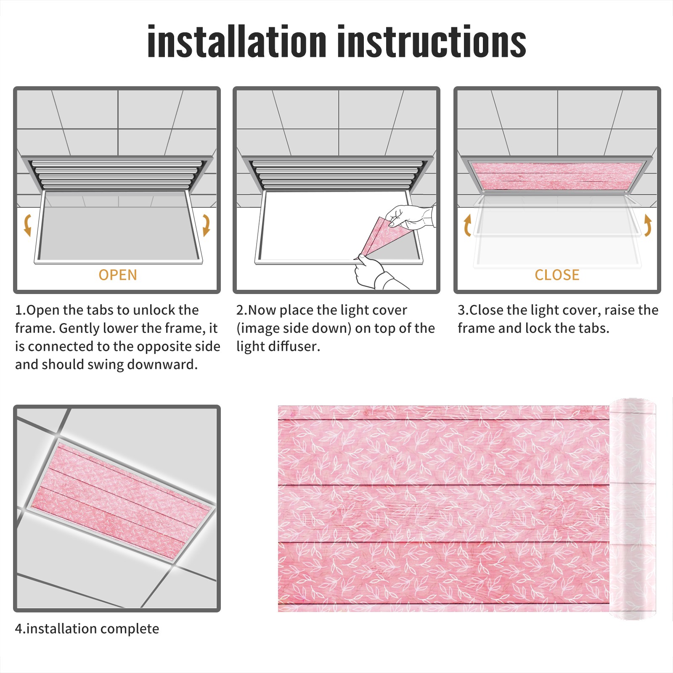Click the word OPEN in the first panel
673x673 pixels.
pos(118,275)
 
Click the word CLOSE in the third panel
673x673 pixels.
pos(557,275)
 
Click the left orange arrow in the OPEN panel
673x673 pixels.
pos(27,225)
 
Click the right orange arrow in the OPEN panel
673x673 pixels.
pos(206,225)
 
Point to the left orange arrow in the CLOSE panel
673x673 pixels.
pos(467,225)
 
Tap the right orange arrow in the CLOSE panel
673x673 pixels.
pos(648,225)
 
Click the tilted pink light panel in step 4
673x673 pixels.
pos(121,501)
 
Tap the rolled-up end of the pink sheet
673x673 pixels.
pos(633,509)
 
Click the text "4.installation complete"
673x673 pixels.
pos(87,629)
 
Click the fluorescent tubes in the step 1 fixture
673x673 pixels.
pos(116,174)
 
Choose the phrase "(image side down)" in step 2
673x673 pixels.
pos(294,329)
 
